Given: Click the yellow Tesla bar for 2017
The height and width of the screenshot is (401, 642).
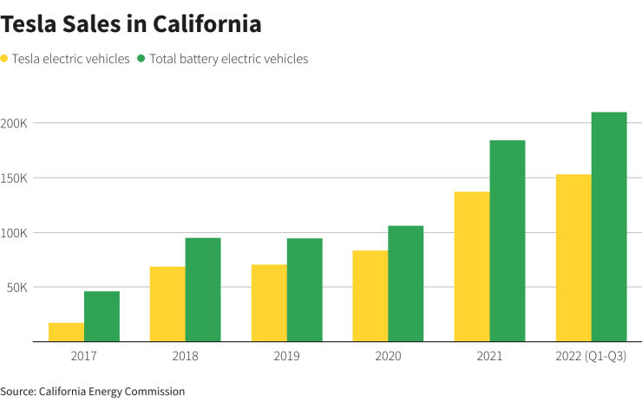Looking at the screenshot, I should [66, 333].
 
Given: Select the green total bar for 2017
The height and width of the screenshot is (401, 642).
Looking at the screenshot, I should [102, 317].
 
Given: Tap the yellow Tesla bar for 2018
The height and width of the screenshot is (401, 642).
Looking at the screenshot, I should [167, 304].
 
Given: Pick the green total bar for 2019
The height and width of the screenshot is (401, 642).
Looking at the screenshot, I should [305, 290].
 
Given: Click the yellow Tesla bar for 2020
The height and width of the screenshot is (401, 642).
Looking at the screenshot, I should [370, 296].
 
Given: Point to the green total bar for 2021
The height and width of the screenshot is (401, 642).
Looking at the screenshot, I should [508, 241].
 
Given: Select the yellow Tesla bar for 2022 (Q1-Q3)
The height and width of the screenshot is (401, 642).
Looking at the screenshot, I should [573, 258].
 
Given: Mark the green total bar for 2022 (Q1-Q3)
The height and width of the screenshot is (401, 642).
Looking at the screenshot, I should [609, 227].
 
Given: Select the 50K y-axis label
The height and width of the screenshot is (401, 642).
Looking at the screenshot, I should [18, 287].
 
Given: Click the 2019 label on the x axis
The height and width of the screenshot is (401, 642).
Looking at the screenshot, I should [287, 356].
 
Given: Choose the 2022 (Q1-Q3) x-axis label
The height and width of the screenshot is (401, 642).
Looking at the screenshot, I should [591, 356].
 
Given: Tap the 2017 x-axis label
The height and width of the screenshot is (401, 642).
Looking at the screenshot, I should [84, 356].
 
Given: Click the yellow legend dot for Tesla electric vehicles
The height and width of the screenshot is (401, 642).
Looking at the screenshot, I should [5, 59].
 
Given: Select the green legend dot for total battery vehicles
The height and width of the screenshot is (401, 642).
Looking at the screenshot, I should [143, 59].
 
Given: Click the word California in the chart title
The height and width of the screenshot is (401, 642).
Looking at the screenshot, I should [206, 24].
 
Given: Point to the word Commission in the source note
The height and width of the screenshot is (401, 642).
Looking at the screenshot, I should [156, 391].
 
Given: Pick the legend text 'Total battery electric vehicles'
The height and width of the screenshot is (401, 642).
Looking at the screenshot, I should [229, 59].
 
